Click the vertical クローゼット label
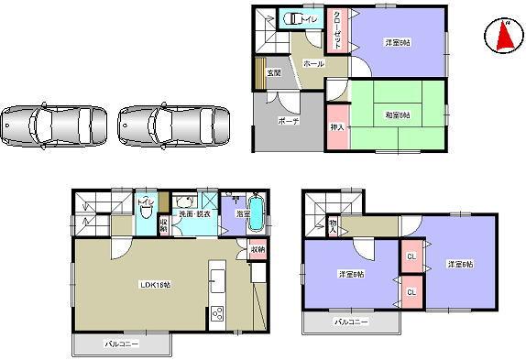pyautogui.click(x=337, y=30)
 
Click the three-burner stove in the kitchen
pyautogui.click(x=219, y=315)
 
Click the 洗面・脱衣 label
pyautogui.click(x=193, y=213)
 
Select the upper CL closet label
pyautogui.click(x=412, y=257)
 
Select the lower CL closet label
pyautogui.click(x=412, y=292)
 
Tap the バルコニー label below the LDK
pyautogui.click(x=122, y=344)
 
